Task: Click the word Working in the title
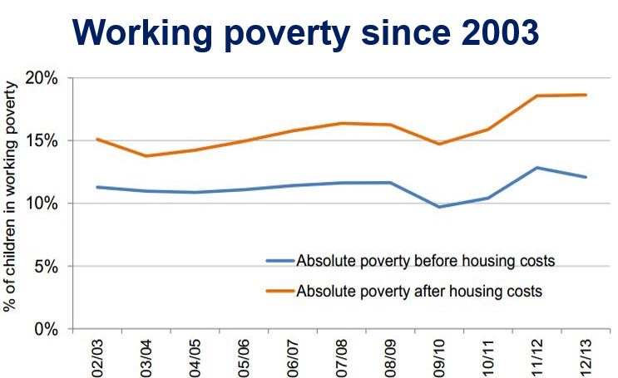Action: pos(142,33)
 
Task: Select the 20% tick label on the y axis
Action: pos(42,78)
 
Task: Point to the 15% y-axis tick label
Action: pos(42,140)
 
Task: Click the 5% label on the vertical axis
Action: pos(46,266)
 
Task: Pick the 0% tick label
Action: pos(46,329)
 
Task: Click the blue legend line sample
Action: pos(280,261)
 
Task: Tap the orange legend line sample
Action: pos(280,291)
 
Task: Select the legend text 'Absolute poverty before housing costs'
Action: pos(426,261)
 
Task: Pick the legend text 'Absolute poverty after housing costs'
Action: pos(419,291)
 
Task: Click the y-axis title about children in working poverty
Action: pos(10,197)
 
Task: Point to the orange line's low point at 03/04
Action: pos(146,156)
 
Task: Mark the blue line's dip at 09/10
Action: pos(439,207)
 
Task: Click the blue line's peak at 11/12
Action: pos(536,168)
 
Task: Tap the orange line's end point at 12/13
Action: pos(586,95)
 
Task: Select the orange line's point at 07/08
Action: pos(342,123)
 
